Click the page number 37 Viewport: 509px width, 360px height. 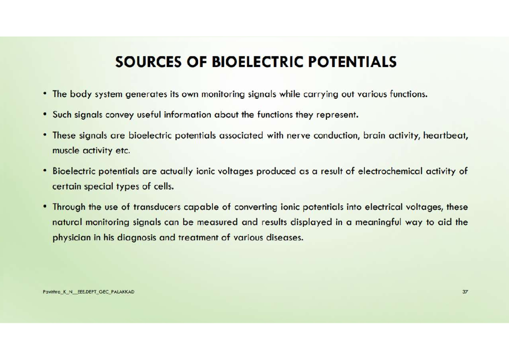click(465, 292)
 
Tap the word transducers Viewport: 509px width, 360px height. click(157, 207)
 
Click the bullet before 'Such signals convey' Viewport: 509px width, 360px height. click(45, 114)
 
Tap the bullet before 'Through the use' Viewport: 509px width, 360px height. click(45, 207)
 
